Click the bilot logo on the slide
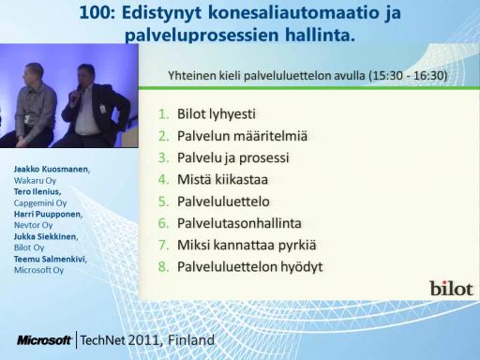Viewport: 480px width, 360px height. point(451,288)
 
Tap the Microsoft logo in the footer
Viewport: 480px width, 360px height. point(44,340)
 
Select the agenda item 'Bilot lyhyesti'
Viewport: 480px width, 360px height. point(217,114)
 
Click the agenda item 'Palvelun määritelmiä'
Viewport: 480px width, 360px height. point(242,136)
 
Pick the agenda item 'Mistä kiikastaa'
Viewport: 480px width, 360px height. point(222,180)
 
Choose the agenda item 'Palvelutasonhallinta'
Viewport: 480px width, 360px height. point(239,223)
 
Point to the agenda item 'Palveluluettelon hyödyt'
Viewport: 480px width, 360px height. point(250,267)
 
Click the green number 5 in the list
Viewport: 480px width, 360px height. point(163,202)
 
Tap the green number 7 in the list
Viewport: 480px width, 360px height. point(163,246)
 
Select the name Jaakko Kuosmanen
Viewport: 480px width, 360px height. point(52,170)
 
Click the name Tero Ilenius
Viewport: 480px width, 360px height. point(37,191)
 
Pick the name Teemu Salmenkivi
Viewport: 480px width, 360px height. point(51,259)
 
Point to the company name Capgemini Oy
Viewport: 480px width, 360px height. point(40,203)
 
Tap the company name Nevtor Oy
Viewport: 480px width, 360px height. point(33,225)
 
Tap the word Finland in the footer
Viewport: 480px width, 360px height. point(191,340)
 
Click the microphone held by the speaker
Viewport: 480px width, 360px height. point(78,94)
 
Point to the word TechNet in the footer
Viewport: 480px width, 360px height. point(103,340)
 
